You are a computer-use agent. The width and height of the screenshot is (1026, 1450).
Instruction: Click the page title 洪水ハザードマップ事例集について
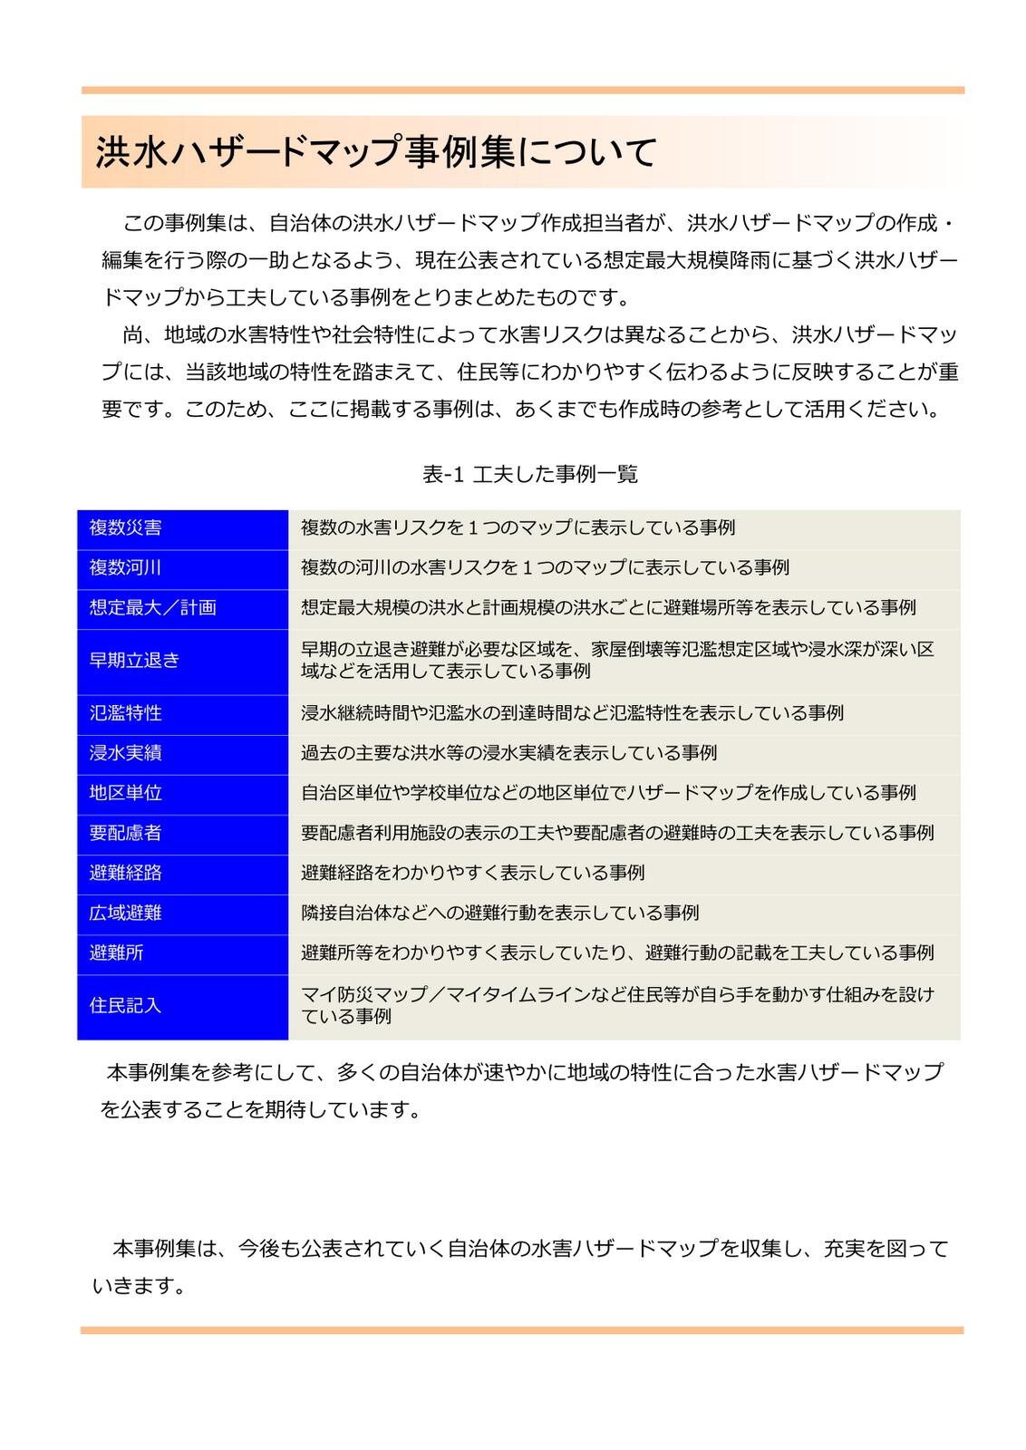pos(376,152)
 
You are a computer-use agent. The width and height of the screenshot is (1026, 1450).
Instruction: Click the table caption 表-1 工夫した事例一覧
pos(530,474)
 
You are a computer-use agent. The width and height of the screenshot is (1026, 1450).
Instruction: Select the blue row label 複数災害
pos(126,527)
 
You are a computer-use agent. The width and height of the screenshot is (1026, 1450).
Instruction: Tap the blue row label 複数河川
pos(126,567)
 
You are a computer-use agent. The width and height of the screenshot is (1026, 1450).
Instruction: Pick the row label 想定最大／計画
pos(153,607)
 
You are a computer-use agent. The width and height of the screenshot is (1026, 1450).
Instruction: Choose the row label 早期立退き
pos(135,661)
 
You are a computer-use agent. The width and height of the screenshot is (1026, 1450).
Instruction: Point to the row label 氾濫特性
pos(126,713)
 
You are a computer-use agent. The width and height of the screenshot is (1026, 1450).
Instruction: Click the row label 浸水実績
pos(126,753)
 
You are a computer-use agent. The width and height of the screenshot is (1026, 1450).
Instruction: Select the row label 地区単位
pos(126,793)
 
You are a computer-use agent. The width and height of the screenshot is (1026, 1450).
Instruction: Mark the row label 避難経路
pos(126,873)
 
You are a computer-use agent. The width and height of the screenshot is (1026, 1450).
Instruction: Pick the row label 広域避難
pos(126,913)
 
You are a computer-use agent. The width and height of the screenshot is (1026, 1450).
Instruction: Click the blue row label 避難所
pos(117,952)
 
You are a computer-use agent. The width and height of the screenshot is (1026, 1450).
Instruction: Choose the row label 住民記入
pos(126,1006)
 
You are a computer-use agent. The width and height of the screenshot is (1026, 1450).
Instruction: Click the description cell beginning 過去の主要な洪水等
pos(509,753)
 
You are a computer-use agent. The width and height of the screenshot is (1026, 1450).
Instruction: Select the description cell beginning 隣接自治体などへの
pos(500,913)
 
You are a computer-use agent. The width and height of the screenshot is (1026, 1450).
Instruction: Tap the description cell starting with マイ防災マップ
pos(617,1005)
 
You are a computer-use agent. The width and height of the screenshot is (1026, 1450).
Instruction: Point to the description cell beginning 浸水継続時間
pos(572,713)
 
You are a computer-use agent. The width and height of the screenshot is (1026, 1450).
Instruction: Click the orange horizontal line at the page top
pos(523,91)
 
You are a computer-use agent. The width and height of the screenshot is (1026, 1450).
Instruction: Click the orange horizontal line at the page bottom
pos(522,1330)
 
